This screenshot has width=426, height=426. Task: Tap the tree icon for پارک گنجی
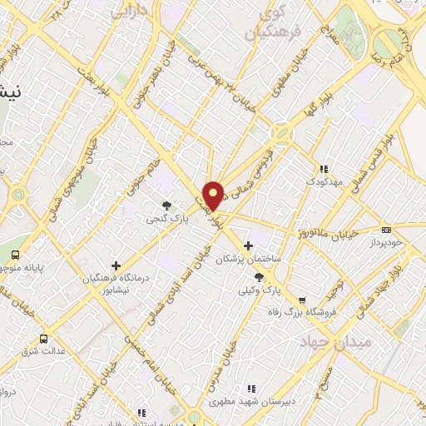(167, 205)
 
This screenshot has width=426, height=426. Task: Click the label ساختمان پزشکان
(250, 260)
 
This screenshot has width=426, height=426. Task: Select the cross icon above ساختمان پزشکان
(249, 245)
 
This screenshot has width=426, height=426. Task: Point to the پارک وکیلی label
(260, 291)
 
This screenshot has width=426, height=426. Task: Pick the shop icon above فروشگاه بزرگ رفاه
(301, 300)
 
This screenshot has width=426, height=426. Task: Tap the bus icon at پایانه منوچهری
(16, 255)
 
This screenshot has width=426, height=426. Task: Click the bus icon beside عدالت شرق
(43, 339)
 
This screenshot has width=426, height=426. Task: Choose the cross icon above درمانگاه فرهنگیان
(116, 265)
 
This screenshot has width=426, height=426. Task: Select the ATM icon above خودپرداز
(385, 229)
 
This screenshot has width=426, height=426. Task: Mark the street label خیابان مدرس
(223, 369)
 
